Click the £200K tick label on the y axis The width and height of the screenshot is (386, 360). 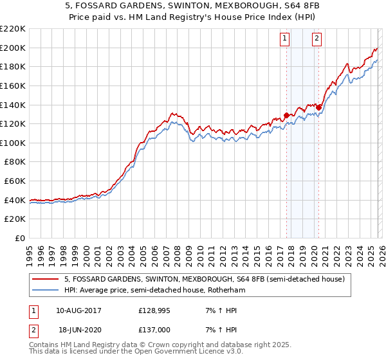pyautogui.click(x=13, y=48)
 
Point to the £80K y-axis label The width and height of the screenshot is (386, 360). pyautogui.click(x=15, y=162)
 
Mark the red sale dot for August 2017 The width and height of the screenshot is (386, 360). pyautogui.click(x=286, y=116)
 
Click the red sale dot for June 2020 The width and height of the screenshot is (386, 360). pyautogui.click(x=318, y=107)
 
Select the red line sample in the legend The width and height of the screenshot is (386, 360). pyautogui.click(x=46, y=280)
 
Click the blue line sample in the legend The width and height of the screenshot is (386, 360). pyautogui.click(x=46, y=291)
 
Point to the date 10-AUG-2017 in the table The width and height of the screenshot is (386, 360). pyautogui.click(x=78, y=310)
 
